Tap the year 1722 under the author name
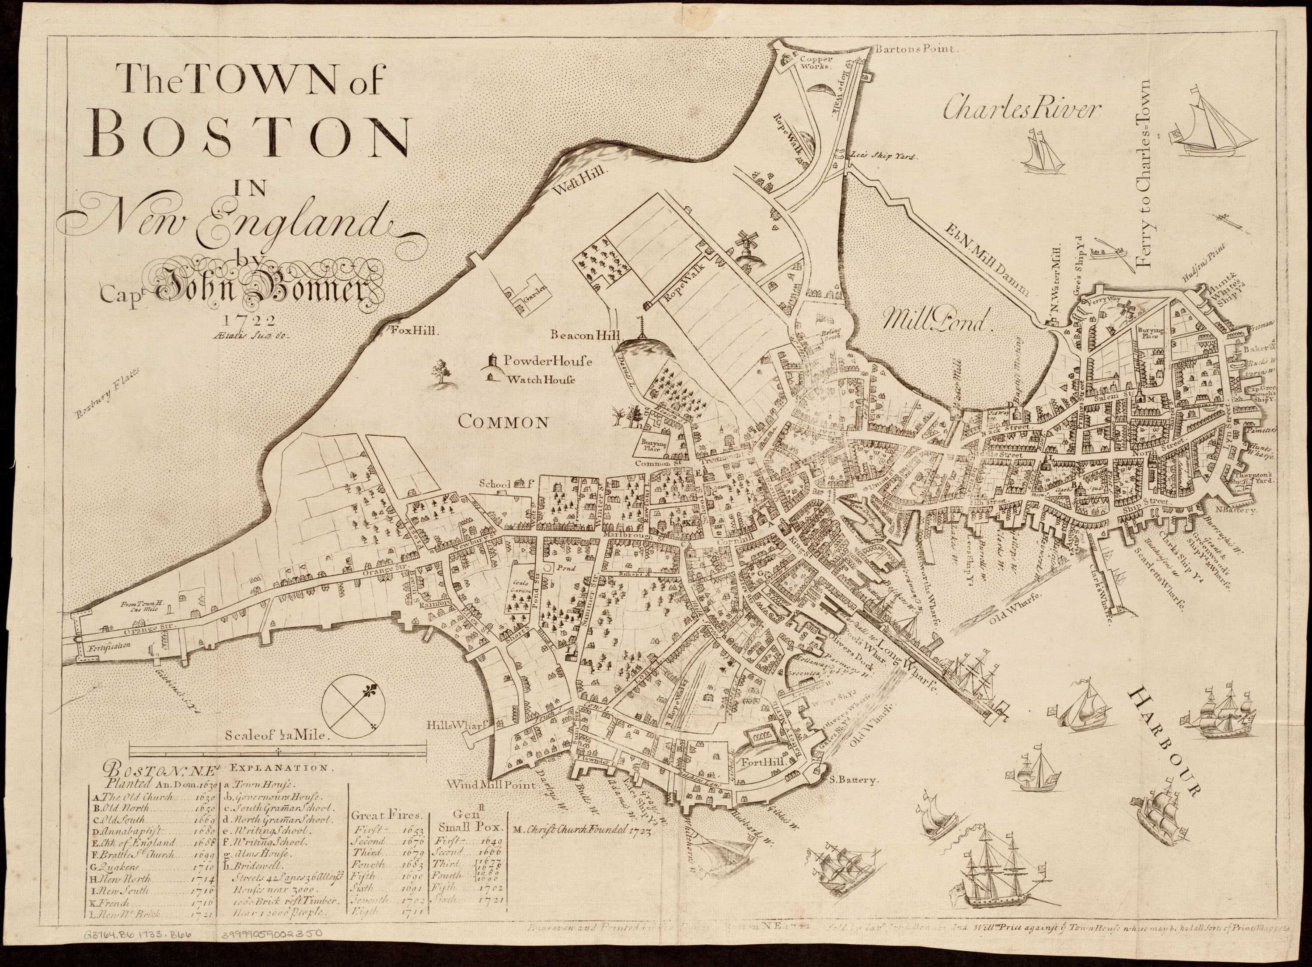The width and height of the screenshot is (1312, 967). click(x=243, y=320)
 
